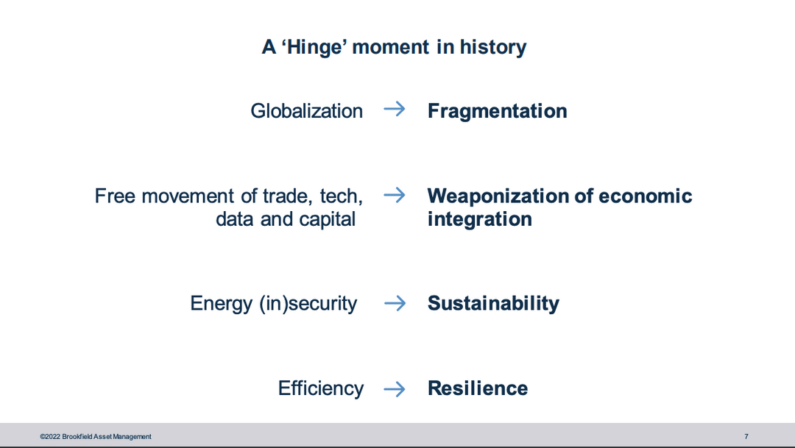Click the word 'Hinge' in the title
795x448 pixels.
coord(314,47)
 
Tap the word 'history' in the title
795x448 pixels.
coord(492,46)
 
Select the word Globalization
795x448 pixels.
coord(307,111)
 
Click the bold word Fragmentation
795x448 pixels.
coord(498,111)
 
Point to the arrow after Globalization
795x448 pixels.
coord(395,109)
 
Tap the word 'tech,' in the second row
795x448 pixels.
coord(342,196)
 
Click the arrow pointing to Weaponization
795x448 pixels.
coord(395,195)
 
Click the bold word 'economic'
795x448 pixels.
coord(646,196)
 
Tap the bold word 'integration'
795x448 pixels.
coord(480,219)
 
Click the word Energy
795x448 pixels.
coord(221,304)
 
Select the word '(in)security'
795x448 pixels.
coord(308,304)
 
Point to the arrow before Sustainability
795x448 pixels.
coord(395,304)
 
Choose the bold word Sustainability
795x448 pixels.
coord(493,303)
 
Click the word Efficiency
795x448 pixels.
coord(321,388)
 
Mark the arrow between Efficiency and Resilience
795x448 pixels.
coord(395,389)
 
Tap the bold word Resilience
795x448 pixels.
coord(478,388)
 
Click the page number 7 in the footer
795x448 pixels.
coord(746,436)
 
